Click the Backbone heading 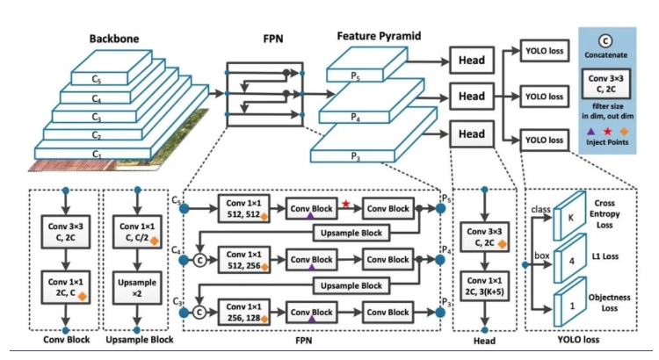click(x=114, y=40)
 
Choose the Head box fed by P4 click(x=471, y=96)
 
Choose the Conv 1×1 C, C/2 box click(x=136, y=230)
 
